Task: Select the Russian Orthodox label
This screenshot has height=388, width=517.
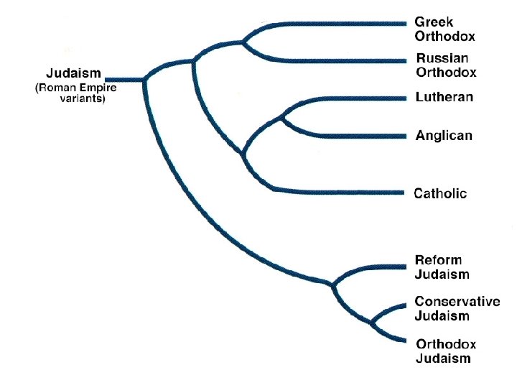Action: click(446, 65)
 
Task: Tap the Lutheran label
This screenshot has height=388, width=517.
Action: click(444, 98)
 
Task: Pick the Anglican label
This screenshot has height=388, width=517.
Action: click(444, 136)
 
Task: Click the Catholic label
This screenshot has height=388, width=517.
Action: click(441, 193)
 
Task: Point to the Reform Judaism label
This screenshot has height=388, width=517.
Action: click(442, 267)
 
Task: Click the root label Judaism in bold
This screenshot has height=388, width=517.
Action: click(74, 73)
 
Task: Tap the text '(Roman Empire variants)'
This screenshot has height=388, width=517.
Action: click(76, 94)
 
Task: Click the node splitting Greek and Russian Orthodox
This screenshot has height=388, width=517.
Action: click(243, 42)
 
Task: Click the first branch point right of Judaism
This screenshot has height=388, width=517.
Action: click(145, 78)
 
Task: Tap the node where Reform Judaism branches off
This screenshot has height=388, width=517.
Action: click(332, 285)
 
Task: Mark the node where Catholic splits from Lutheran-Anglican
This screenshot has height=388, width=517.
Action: click(243, 154)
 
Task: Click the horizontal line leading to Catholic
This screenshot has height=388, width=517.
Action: click(337, 192)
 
